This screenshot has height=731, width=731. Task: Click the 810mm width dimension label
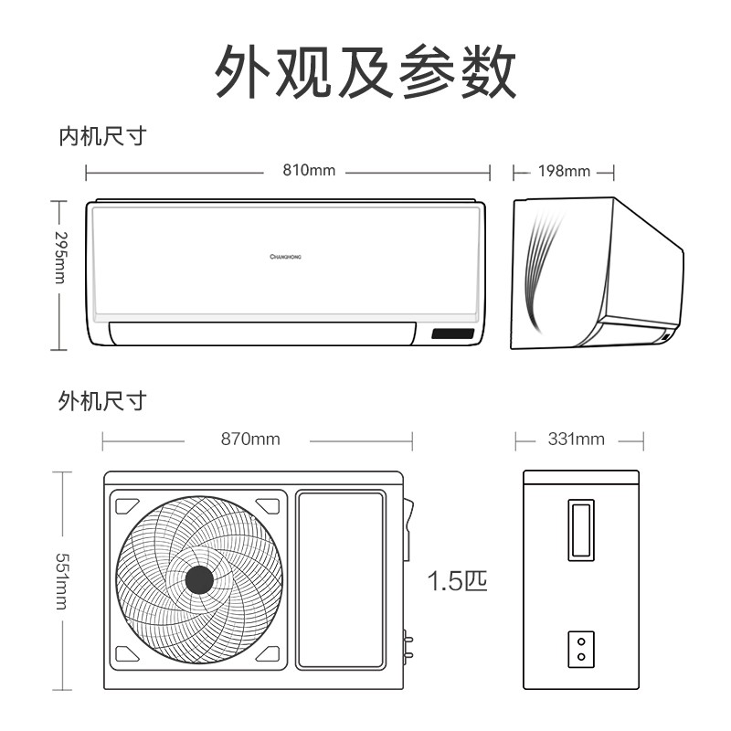point(309,170)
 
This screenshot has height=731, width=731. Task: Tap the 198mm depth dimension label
point(564,171)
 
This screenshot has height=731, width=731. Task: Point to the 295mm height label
point(61,258)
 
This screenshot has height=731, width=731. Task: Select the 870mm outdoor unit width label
point(250,440)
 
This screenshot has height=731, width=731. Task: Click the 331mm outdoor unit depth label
point(577,440)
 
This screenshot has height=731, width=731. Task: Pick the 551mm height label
point(62,581)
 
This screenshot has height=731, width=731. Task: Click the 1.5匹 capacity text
point(457,581)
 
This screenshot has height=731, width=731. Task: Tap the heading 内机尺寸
point(102,136)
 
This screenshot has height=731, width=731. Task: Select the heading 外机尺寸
point(102,401)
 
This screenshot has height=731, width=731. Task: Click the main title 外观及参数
point(365,71)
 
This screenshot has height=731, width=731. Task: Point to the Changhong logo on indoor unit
point(285,257)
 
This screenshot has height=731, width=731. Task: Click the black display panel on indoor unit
point(452,334)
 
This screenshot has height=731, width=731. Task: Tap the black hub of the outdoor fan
point(199,580)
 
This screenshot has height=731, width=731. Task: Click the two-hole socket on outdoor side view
point(581,649)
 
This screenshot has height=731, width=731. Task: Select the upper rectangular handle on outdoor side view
point(581,530)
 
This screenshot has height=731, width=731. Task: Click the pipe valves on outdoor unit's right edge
point(408,644)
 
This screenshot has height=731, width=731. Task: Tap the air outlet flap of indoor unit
point(262,334)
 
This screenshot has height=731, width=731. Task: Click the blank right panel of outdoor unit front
point(341,579)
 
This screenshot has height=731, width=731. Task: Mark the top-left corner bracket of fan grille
point(127,506)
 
